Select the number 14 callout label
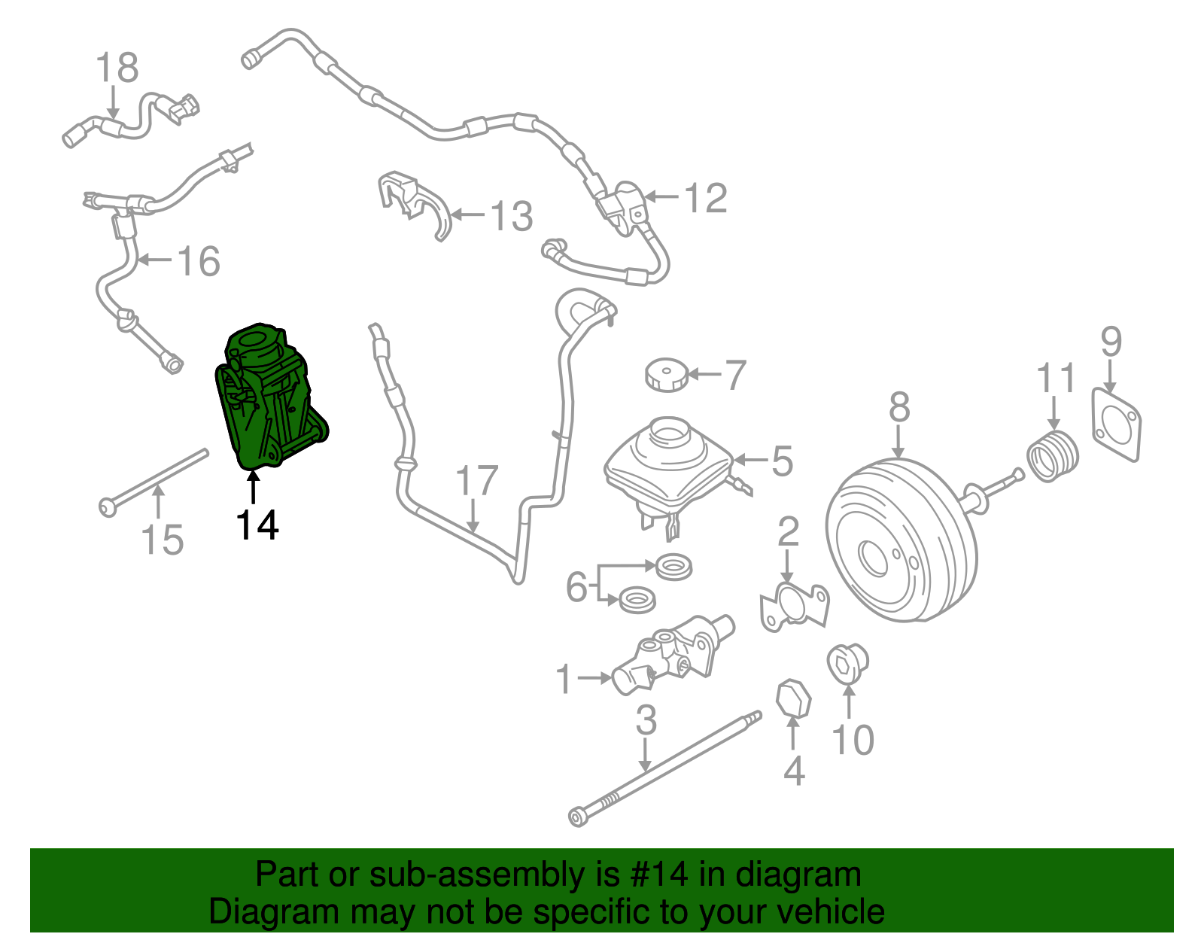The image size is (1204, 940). tap(257, 525)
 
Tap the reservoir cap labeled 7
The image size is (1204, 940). tap(667, 375)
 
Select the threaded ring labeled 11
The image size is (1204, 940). tap(1053, 455)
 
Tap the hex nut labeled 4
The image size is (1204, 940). tap(793, 700)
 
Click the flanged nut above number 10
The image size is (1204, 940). tap(847, 663)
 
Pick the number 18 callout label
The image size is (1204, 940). tap(117, 67)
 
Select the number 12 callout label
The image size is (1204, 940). tap(705, 198)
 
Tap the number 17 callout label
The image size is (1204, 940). tap(476, 480)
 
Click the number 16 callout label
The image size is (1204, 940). tap(199, 261)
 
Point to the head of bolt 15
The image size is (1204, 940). tap(108, 507)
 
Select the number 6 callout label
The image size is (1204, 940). tap(576, 586)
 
